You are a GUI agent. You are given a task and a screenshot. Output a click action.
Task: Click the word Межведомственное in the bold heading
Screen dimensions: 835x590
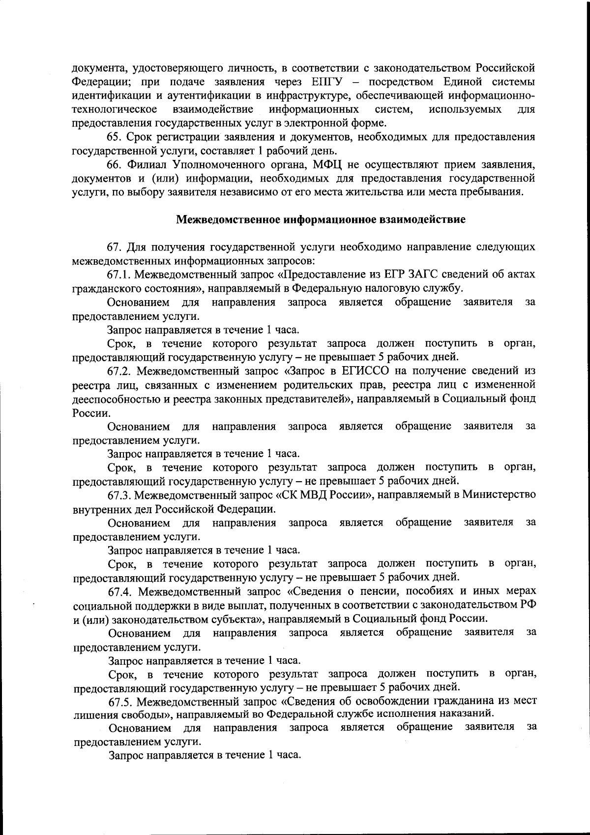pos(229,220)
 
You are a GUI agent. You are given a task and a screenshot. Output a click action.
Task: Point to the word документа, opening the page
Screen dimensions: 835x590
pos(97,67)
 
